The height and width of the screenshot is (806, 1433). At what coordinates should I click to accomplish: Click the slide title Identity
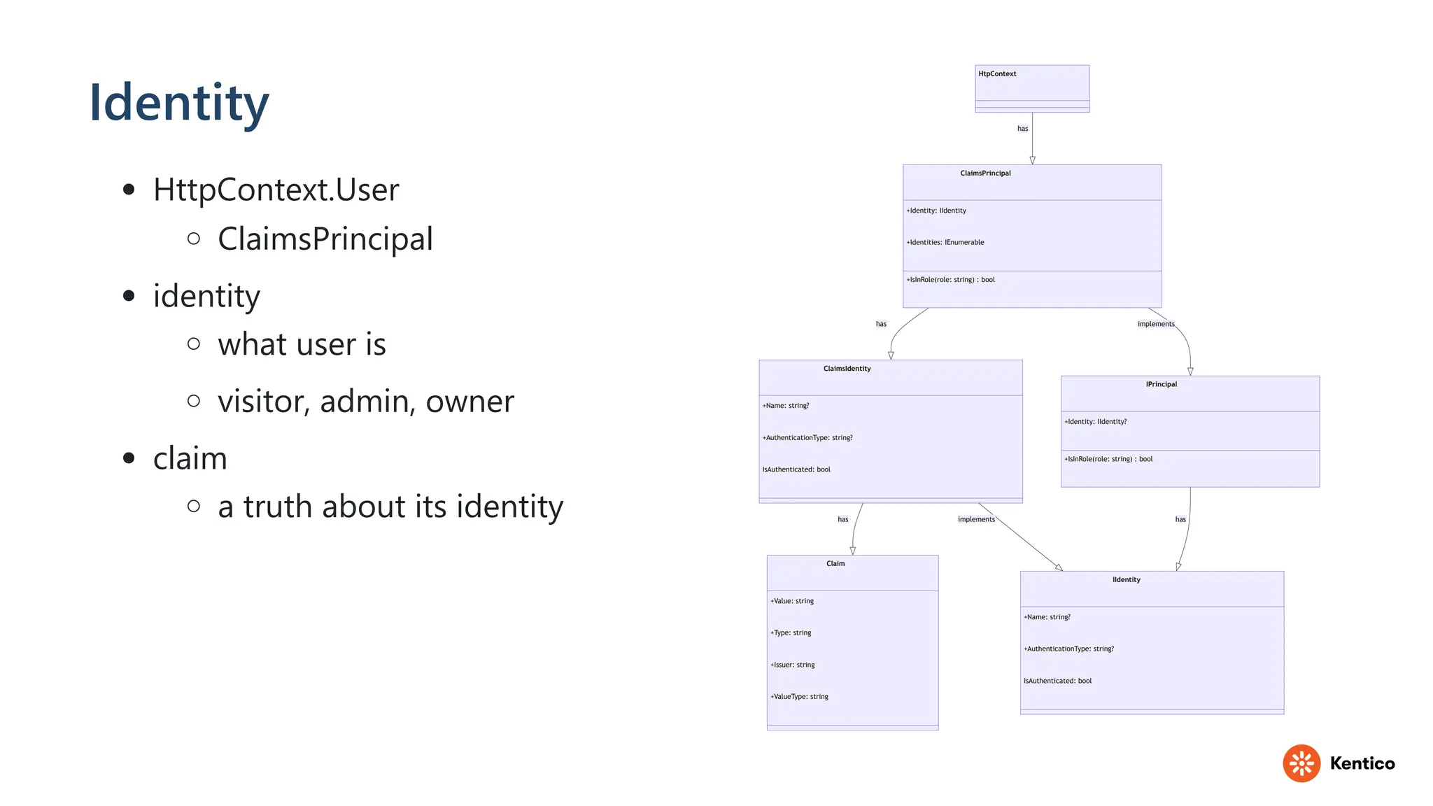tap(179, 103)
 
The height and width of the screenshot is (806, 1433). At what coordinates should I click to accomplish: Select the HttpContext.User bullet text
tap(276, 190)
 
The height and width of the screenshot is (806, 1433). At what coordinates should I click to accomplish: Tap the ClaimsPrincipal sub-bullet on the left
tap(325, 239)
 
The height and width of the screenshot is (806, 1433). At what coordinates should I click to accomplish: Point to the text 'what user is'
tap(302, 344)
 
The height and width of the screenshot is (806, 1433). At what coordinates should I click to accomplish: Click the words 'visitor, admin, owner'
tap(365, 402)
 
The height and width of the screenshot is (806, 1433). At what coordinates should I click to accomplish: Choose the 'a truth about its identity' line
tap(390, 507)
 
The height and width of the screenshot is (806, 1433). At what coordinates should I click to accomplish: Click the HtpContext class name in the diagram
tap(997, 73)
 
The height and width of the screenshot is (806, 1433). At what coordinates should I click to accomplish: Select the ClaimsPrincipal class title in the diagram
tap(985, 173)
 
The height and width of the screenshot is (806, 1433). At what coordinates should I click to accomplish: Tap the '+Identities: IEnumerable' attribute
tap(945, 242)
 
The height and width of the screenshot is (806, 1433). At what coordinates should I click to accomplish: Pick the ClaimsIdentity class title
tap(847, 368)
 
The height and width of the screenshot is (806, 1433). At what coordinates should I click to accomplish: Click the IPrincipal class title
tap(1161, 384)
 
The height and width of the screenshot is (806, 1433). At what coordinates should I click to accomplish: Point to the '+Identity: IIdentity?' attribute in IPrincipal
tap(1096, 421)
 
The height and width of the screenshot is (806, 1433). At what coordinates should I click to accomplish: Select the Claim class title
tap(835, 563)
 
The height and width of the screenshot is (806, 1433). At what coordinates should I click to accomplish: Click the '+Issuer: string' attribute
tap(793, 665)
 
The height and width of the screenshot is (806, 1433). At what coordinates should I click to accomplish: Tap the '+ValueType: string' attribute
tap(800, 696)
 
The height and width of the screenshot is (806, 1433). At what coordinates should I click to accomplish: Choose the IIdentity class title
tap(1126, 579)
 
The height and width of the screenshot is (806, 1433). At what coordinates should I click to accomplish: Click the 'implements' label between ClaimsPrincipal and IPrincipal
tap(1156, 324)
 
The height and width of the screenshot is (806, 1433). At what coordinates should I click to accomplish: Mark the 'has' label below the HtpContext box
tap(1022, 129)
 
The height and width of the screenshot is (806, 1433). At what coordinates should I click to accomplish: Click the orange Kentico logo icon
tap(1301, 763)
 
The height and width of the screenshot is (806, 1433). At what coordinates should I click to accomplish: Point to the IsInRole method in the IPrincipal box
tap(1108, 459)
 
